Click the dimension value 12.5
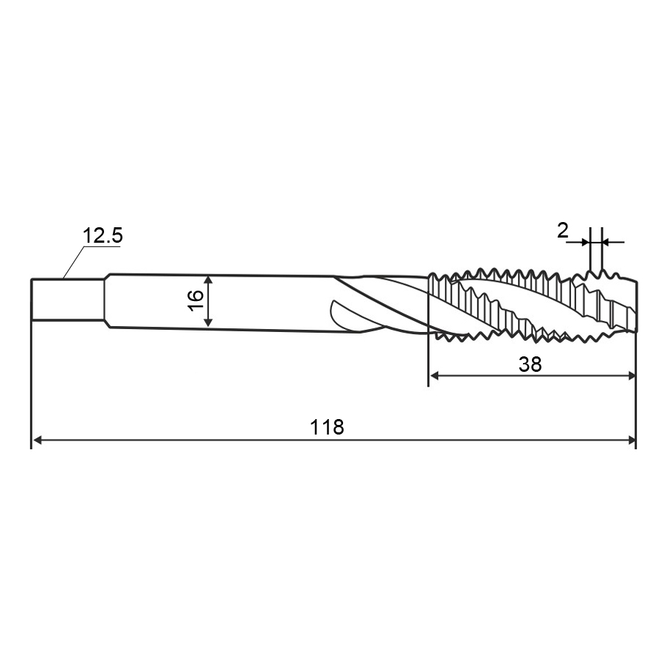click(x=103, y=235)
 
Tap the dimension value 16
click(x=196, y=301)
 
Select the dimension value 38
click(x=530, y=364)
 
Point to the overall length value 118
click(x=327, y=427)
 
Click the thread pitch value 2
click(x=563, y=231)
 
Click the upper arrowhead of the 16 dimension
click(x=208, y=280)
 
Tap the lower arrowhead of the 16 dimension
click(x=208, y=322)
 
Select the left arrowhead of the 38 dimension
click(x=435, y=376)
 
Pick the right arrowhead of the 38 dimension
click(x=632, y=376)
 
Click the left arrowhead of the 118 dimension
click(x=38, y=440)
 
